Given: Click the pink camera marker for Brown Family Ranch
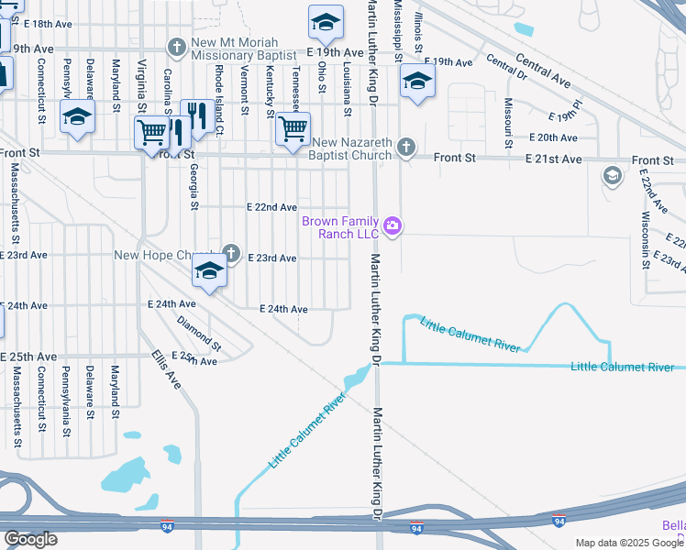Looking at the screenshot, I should [x=393, y=225].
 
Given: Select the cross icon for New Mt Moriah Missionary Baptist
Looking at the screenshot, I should [x=178, y=46].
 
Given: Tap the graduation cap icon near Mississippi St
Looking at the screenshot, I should [x=417, y=83].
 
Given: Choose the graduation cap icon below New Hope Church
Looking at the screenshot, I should [x=210, y=273].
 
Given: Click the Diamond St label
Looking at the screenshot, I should [x=199, y=335].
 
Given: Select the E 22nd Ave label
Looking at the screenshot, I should [x=271, y=208].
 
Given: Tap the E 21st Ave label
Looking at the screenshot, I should [x=553, y=159].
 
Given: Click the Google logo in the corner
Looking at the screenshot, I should [x=30, y=539].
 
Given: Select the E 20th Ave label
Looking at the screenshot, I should [x=553, y=137].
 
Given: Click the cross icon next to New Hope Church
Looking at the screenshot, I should [x=231, y=254].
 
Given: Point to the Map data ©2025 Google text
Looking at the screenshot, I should [x=627, y=543].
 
